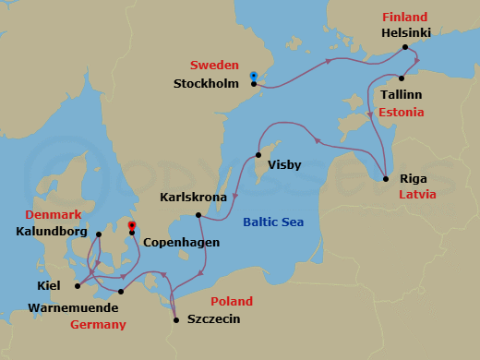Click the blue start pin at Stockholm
coord(254,76)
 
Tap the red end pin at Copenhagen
coord(132,225)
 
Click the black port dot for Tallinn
coord(402,78)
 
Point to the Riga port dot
coord(385,177)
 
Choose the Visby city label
coord(282,165)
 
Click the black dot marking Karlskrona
coord(198,215)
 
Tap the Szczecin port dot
coord(175,320)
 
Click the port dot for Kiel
coord(77,285)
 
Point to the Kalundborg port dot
coord(99,232)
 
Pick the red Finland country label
coord(403,18)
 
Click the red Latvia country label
coord(416,195)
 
